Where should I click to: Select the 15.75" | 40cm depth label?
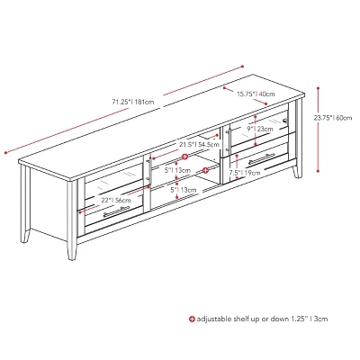click(257, 93)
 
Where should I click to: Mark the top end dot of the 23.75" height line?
click(319, 87)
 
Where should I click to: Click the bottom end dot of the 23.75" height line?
click(319, 193)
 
